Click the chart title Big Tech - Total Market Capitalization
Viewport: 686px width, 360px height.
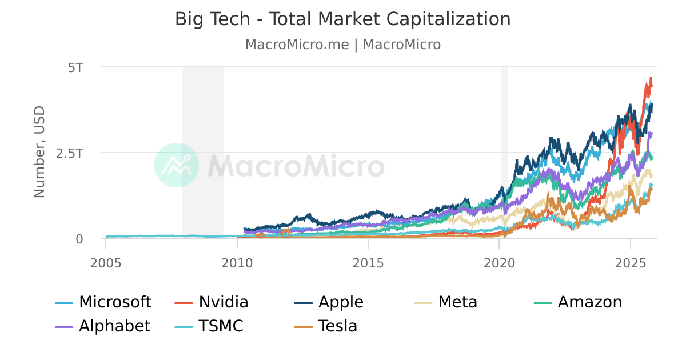(x=342, y=19)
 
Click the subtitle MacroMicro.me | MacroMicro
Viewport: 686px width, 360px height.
(x=342, y=45)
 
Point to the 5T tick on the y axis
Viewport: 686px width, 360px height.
(x=75, y=67)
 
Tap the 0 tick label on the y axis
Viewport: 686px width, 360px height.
(x=79, y=239)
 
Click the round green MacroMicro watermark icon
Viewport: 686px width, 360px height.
(x=177, y=165)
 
